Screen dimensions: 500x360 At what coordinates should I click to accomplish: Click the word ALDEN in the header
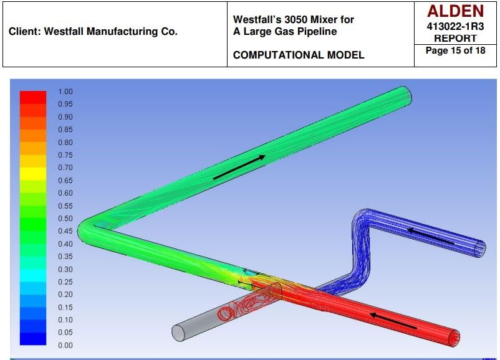tap(455, 11)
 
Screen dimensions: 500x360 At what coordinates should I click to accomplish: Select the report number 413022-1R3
tap(455, 26)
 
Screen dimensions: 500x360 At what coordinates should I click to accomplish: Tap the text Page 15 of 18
tap(455, 50)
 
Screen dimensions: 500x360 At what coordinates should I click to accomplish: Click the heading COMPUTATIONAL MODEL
tap(299, 55)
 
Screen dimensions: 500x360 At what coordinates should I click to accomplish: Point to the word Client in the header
tap(23, 31)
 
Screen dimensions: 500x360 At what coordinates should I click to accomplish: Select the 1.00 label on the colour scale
tap(65, 92)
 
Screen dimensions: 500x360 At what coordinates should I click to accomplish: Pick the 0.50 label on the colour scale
tap(65, 219)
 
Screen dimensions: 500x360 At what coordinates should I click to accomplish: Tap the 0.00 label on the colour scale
tap(65, 345)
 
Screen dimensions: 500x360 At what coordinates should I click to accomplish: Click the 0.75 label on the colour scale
tap(65, 155)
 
